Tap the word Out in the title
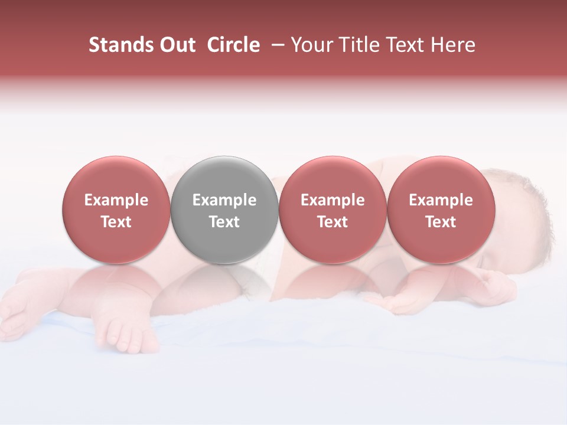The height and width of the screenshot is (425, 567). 175,45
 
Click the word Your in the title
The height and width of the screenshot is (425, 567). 311,45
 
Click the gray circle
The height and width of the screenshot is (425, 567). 224,210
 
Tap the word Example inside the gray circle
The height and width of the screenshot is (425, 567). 224,200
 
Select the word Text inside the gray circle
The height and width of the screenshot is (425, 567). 224,222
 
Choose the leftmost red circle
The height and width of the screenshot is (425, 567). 116,210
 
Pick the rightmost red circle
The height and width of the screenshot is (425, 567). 441,210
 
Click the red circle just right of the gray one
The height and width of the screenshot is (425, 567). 333,210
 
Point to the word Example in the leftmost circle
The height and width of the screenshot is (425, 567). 116,200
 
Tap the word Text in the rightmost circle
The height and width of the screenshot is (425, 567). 441,222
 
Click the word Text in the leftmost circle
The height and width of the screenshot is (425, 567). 116,222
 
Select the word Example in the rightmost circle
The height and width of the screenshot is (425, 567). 441,200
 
